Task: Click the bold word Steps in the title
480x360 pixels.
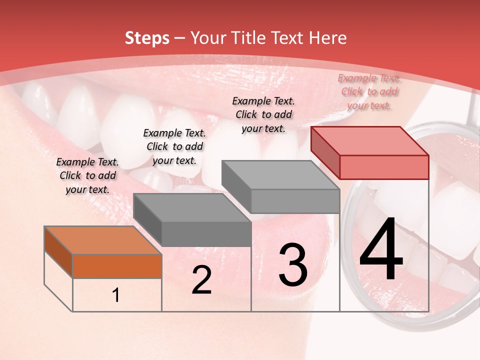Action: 147,38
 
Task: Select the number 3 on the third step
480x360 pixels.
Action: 293,264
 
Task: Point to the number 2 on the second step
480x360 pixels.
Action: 201,280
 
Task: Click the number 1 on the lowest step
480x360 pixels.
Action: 115,295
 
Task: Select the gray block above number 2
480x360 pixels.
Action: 192,220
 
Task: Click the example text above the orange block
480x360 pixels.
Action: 87,175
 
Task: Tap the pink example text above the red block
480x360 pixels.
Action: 369,91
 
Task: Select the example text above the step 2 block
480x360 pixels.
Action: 174,146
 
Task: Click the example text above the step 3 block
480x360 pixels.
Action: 263,114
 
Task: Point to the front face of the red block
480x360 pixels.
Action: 384,167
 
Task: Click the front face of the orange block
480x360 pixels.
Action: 117,266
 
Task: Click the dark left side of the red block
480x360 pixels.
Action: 325,152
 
